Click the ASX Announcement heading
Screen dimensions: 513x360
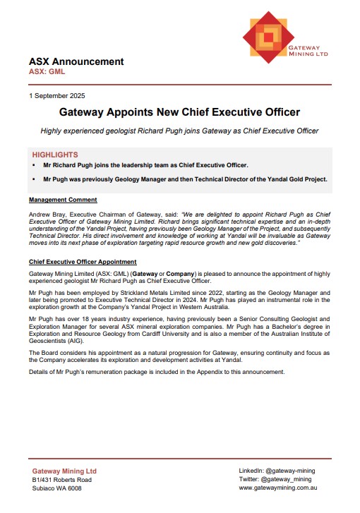[76, 61]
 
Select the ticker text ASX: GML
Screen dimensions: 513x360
[47, 72]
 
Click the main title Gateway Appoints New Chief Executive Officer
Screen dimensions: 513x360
[179, 112]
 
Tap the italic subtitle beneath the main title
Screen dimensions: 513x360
[179, 131]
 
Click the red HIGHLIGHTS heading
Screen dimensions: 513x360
[55, 155]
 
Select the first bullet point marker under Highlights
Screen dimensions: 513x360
[34, 165]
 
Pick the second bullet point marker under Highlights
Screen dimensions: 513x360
[34, 179]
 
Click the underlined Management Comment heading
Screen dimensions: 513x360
[63, 200]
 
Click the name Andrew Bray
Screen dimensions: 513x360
[48, 213]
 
